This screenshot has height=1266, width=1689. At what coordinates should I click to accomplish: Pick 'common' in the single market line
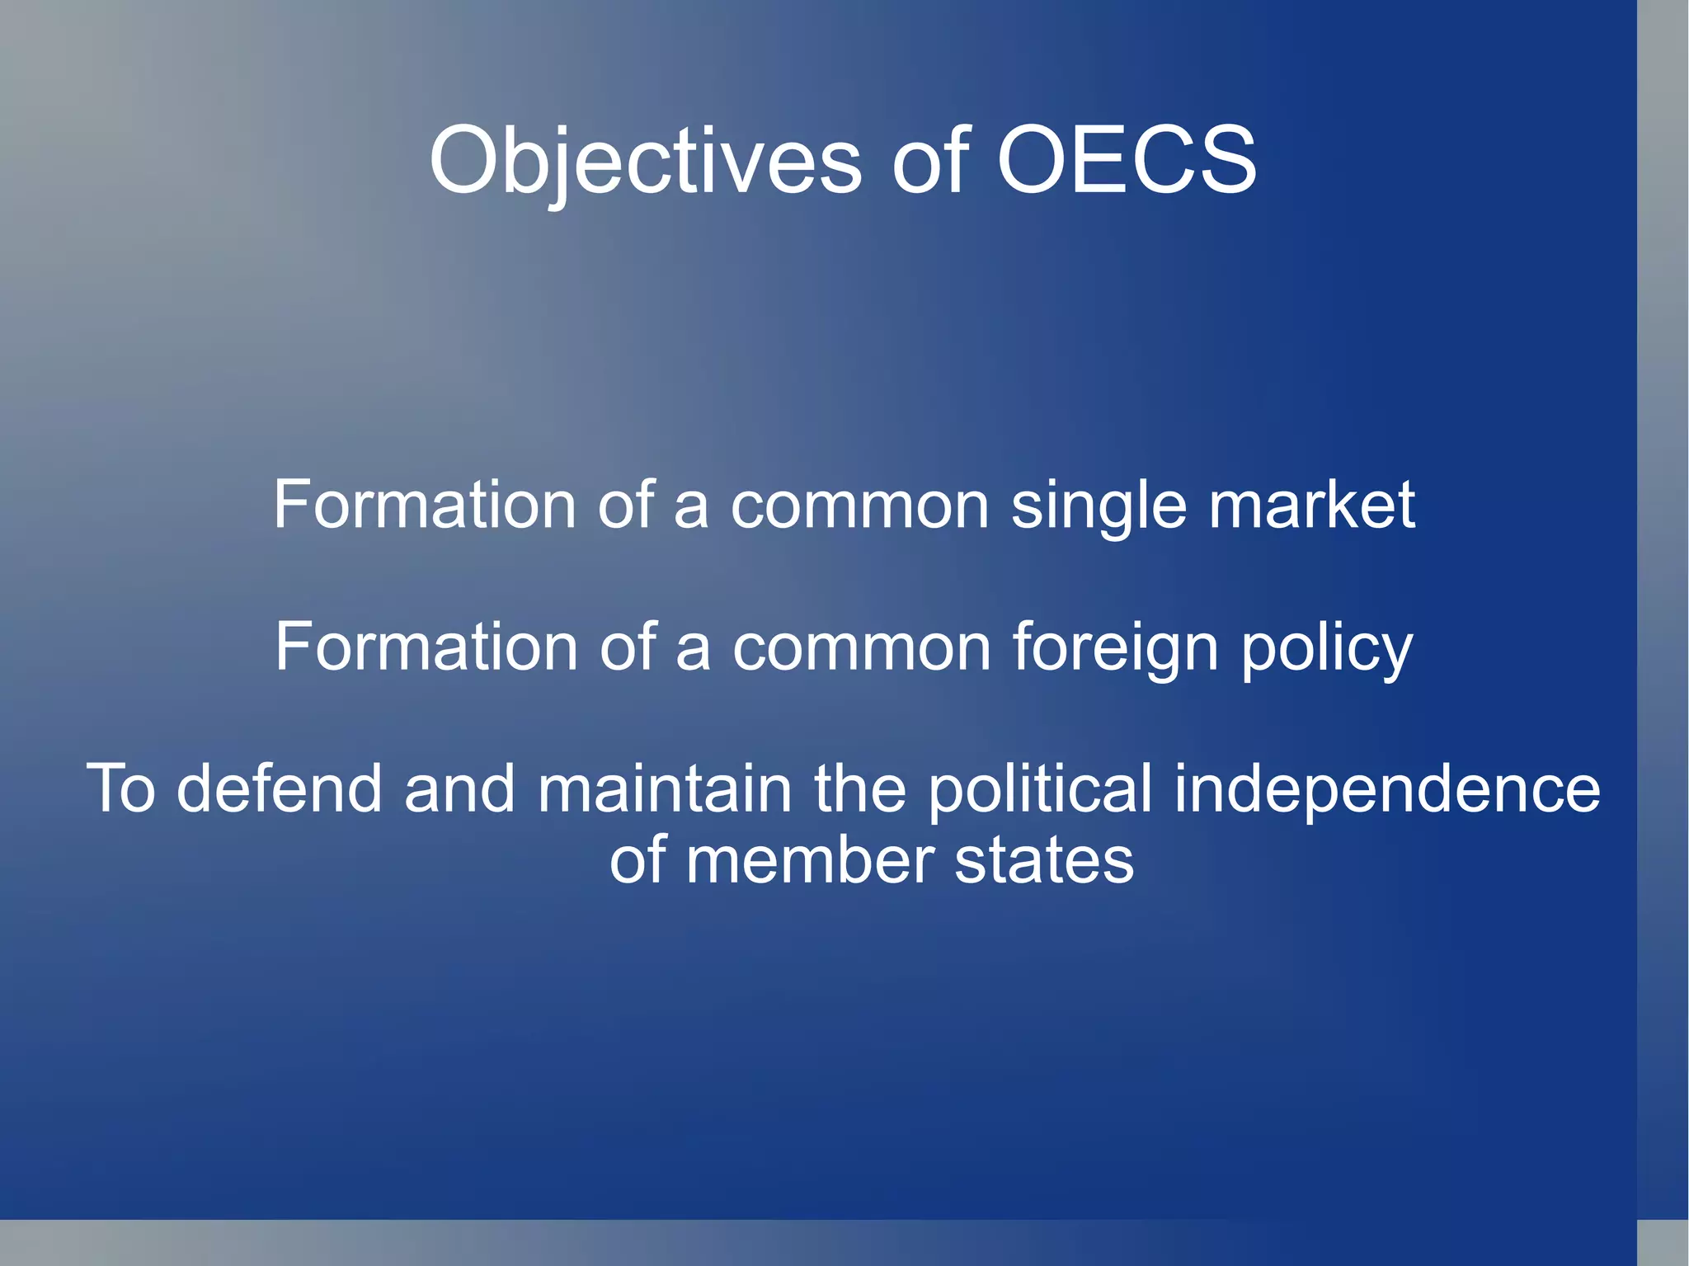pyautogui.click(x=859, y=506)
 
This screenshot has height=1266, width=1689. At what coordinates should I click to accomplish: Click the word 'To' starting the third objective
pyautogui.click(x=121, y=789)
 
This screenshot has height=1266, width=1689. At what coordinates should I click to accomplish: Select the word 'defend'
pyautogui.click(x=280, y=789)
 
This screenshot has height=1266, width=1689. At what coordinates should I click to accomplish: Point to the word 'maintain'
pyautogui.click(x=665, y=789)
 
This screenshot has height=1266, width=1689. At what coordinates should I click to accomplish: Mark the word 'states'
pyautogui.click(x=1044, y=862)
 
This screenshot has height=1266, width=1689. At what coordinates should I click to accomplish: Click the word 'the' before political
pyautogui.click(x=860, y=789)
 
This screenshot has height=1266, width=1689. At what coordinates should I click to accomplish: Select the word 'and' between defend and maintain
pyautogui.click(x=459, y=789)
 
